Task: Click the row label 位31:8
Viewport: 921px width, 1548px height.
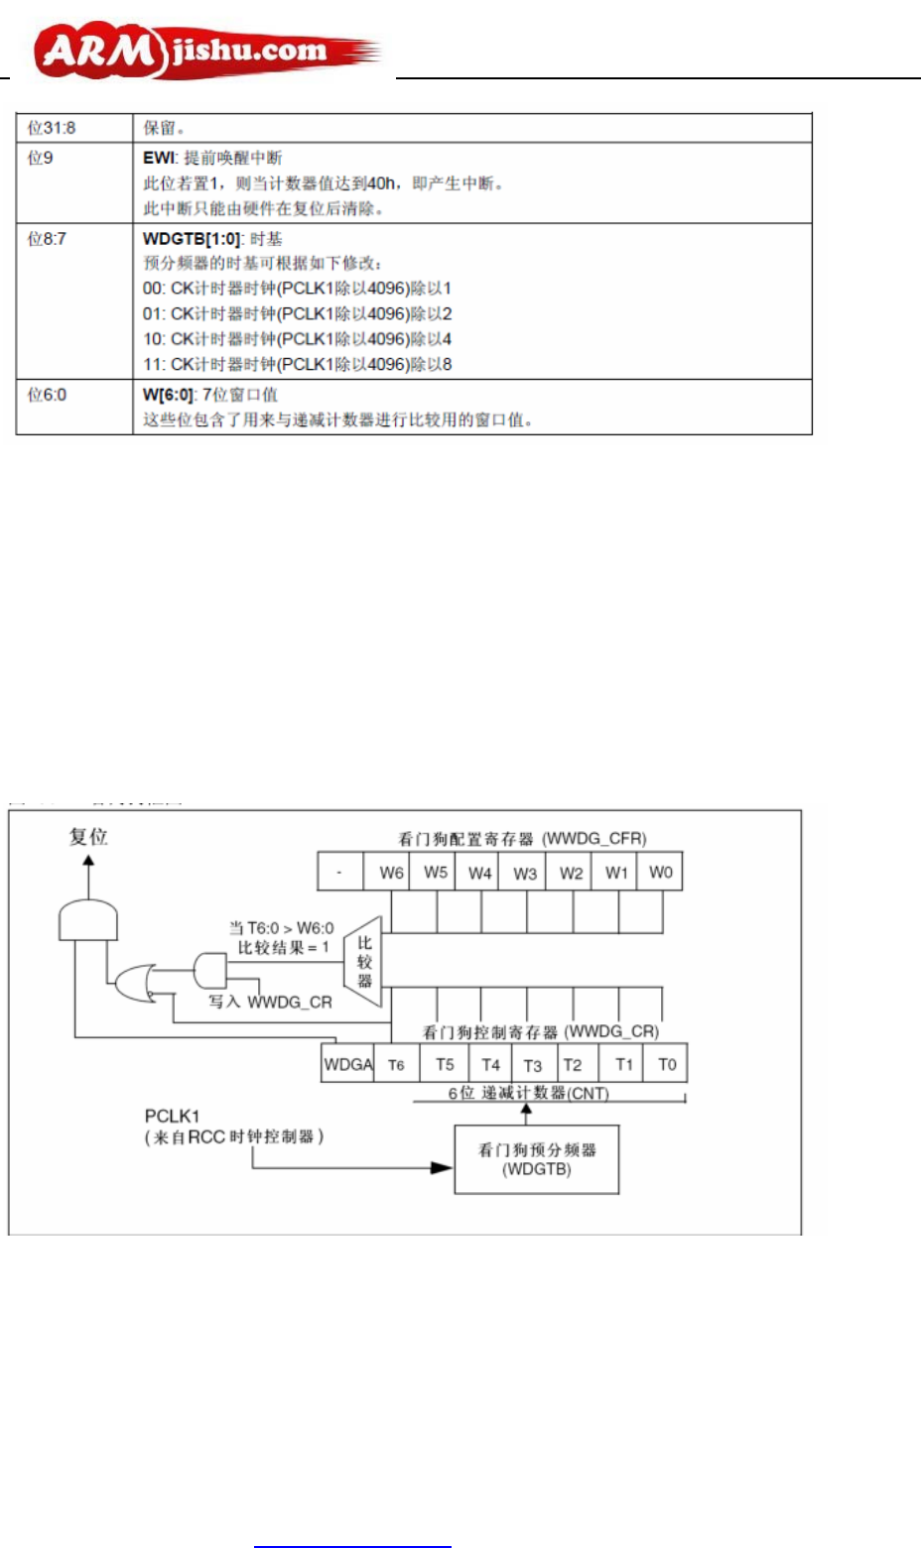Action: point(52,128)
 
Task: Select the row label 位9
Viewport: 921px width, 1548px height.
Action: point(41,158)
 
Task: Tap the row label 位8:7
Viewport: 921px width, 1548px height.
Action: point(47,239)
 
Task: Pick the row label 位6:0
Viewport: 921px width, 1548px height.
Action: point(47,395)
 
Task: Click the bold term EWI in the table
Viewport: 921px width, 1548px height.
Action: point(159,158)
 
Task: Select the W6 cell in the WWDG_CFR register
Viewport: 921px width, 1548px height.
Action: point(391,873)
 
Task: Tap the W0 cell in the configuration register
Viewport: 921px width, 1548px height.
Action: point(661,873)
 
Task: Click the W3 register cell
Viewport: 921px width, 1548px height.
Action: point(525,873)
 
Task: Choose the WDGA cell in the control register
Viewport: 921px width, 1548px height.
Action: point(348,1065)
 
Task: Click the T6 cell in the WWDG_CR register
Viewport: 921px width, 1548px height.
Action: point(396,1065)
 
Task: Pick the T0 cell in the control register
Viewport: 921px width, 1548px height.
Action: point(667,1065)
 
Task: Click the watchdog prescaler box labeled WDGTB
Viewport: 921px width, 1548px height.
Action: point(537,1159)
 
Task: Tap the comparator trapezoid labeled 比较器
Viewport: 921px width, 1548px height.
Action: point(364,961)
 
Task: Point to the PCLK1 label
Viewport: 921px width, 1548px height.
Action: point(173,1117)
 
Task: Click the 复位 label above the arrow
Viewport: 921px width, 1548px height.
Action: point(88,837)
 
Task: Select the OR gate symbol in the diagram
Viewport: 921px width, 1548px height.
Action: point(133,984)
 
